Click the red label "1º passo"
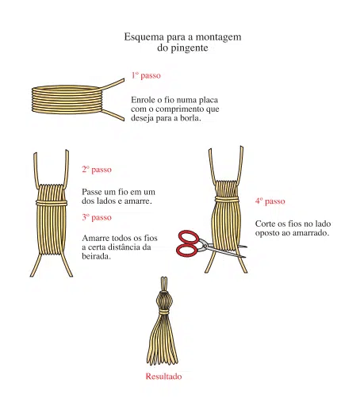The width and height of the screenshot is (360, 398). point(146,75)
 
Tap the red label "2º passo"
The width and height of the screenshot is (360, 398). point(97,170)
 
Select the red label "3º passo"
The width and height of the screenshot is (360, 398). point(97,217)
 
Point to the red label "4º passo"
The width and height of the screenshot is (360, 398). point(270,201)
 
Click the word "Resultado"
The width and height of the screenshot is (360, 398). point(163,376)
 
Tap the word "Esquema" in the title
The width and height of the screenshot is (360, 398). point(144,37)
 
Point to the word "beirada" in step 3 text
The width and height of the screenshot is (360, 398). point(96,256)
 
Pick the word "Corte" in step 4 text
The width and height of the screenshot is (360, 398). point(266,224)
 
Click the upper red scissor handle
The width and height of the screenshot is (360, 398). point(189,237)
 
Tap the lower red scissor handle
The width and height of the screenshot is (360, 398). point(187,251)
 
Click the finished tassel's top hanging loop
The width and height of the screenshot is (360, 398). point(164,284)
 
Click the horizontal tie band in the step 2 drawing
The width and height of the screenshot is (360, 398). point(52,203)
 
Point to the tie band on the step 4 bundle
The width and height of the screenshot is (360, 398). point(227,199)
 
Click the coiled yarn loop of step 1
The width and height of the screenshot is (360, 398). point(66,99)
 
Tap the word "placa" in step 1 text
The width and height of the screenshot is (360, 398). point(209,100)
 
